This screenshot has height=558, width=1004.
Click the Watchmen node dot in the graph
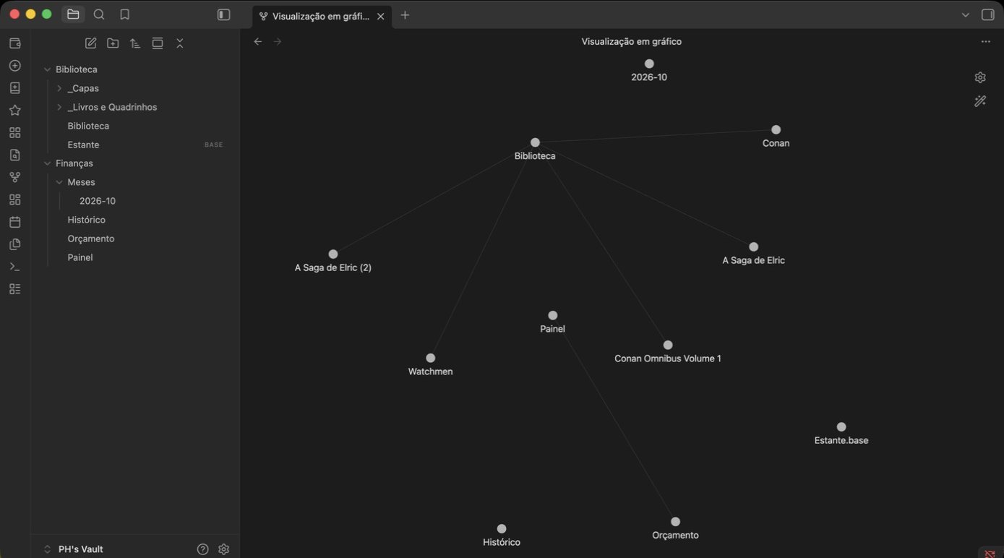pos(430,358)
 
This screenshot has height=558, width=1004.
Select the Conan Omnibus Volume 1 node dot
pos(668,345)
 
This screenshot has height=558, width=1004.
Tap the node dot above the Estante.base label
pos(841,427)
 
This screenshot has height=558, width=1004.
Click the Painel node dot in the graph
pos(553,316)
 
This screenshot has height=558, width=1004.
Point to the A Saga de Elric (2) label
pos(333,267)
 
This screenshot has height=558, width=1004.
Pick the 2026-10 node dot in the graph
pos(649,64)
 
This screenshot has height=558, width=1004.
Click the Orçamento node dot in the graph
pos(675,522)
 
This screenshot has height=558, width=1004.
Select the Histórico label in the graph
pos(502,542)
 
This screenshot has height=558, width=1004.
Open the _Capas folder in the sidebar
pos(83,88)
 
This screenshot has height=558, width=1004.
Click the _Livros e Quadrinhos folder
pos(112,107)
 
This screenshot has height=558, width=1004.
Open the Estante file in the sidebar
pos(83,145)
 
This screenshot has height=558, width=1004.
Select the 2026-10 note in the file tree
pos(98,201)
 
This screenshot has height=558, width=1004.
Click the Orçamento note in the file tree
pos(91,239)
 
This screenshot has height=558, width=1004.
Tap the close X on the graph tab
pos(380,16)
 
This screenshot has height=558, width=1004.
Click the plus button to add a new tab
pos(405,15)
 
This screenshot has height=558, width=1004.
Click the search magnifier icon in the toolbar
pos(98,14)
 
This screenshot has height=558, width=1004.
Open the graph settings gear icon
pos(980,77)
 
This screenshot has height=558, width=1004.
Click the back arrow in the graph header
pos(258,42)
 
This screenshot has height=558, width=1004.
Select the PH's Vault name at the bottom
pos(81,549)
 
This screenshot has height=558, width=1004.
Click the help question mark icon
pos(202,549)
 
